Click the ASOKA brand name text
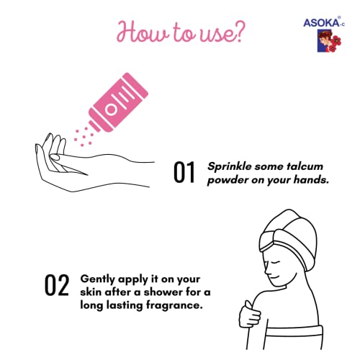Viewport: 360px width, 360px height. [322, 22]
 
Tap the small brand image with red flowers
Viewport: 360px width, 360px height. [329, 40]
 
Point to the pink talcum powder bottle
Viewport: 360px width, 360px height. [119, 102]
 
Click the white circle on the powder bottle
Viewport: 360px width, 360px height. [111, 109]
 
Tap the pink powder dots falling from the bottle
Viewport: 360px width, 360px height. [84, 137]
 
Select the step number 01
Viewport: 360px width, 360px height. [184, 172]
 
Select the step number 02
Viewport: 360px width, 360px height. [57, 285]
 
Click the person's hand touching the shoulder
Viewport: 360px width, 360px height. [250, 315]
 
